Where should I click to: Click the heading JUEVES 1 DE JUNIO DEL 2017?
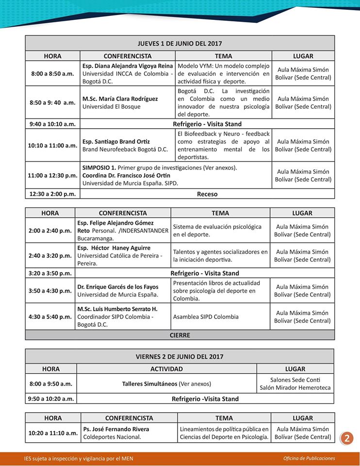click(180, 43)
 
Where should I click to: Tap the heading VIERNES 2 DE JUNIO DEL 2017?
click(180, 356)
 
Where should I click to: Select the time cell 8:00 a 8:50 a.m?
click(53, 73)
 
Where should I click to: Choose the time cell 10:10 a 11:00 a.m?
click(53, 145)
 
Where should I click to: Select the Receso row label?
click(207, 194)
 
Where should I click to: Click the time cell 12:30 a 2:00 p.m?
click(52, 194)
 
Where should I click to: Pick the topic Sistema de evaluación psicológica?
click(217, 227)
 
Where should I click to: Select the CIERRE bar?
click(180, 335)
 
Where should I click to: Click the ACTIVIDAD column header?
click(166, 369)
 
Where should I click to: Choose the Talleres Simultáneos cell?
click(166, 383)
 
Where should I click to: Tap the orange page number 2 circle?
click(347, 438)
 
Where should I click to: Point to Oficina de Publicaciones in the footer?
click(309, 458)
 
